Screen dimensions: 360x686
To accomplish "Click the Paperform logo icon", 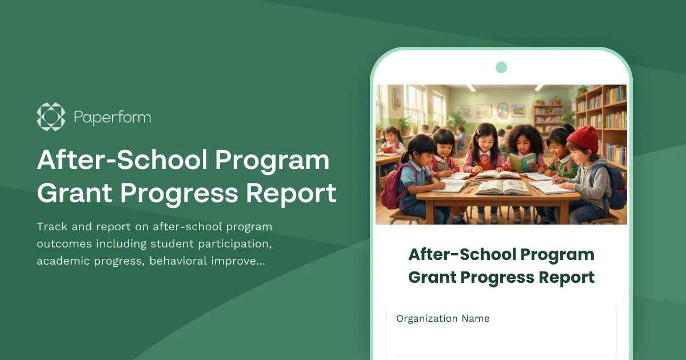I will (x=51, y=117).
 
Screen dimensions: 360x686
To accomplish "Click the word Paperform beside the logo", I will (x=112, y=118).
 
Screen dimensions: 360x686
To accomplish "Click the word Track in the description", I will (x=51, y=227).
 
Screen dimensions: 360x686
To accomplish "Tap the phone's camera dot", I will (x=501, y=67).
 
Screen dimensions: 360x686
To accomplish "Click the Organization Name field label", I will (x=443, y=318).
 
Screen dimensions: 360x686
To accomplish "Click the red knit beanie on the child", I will (x=583, y=138).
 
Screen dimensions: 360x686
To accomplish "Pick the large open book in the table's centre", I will (x=502, y=187).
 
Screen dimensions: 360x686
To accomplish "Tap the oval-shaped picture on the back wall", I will (x=502, y=110).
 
